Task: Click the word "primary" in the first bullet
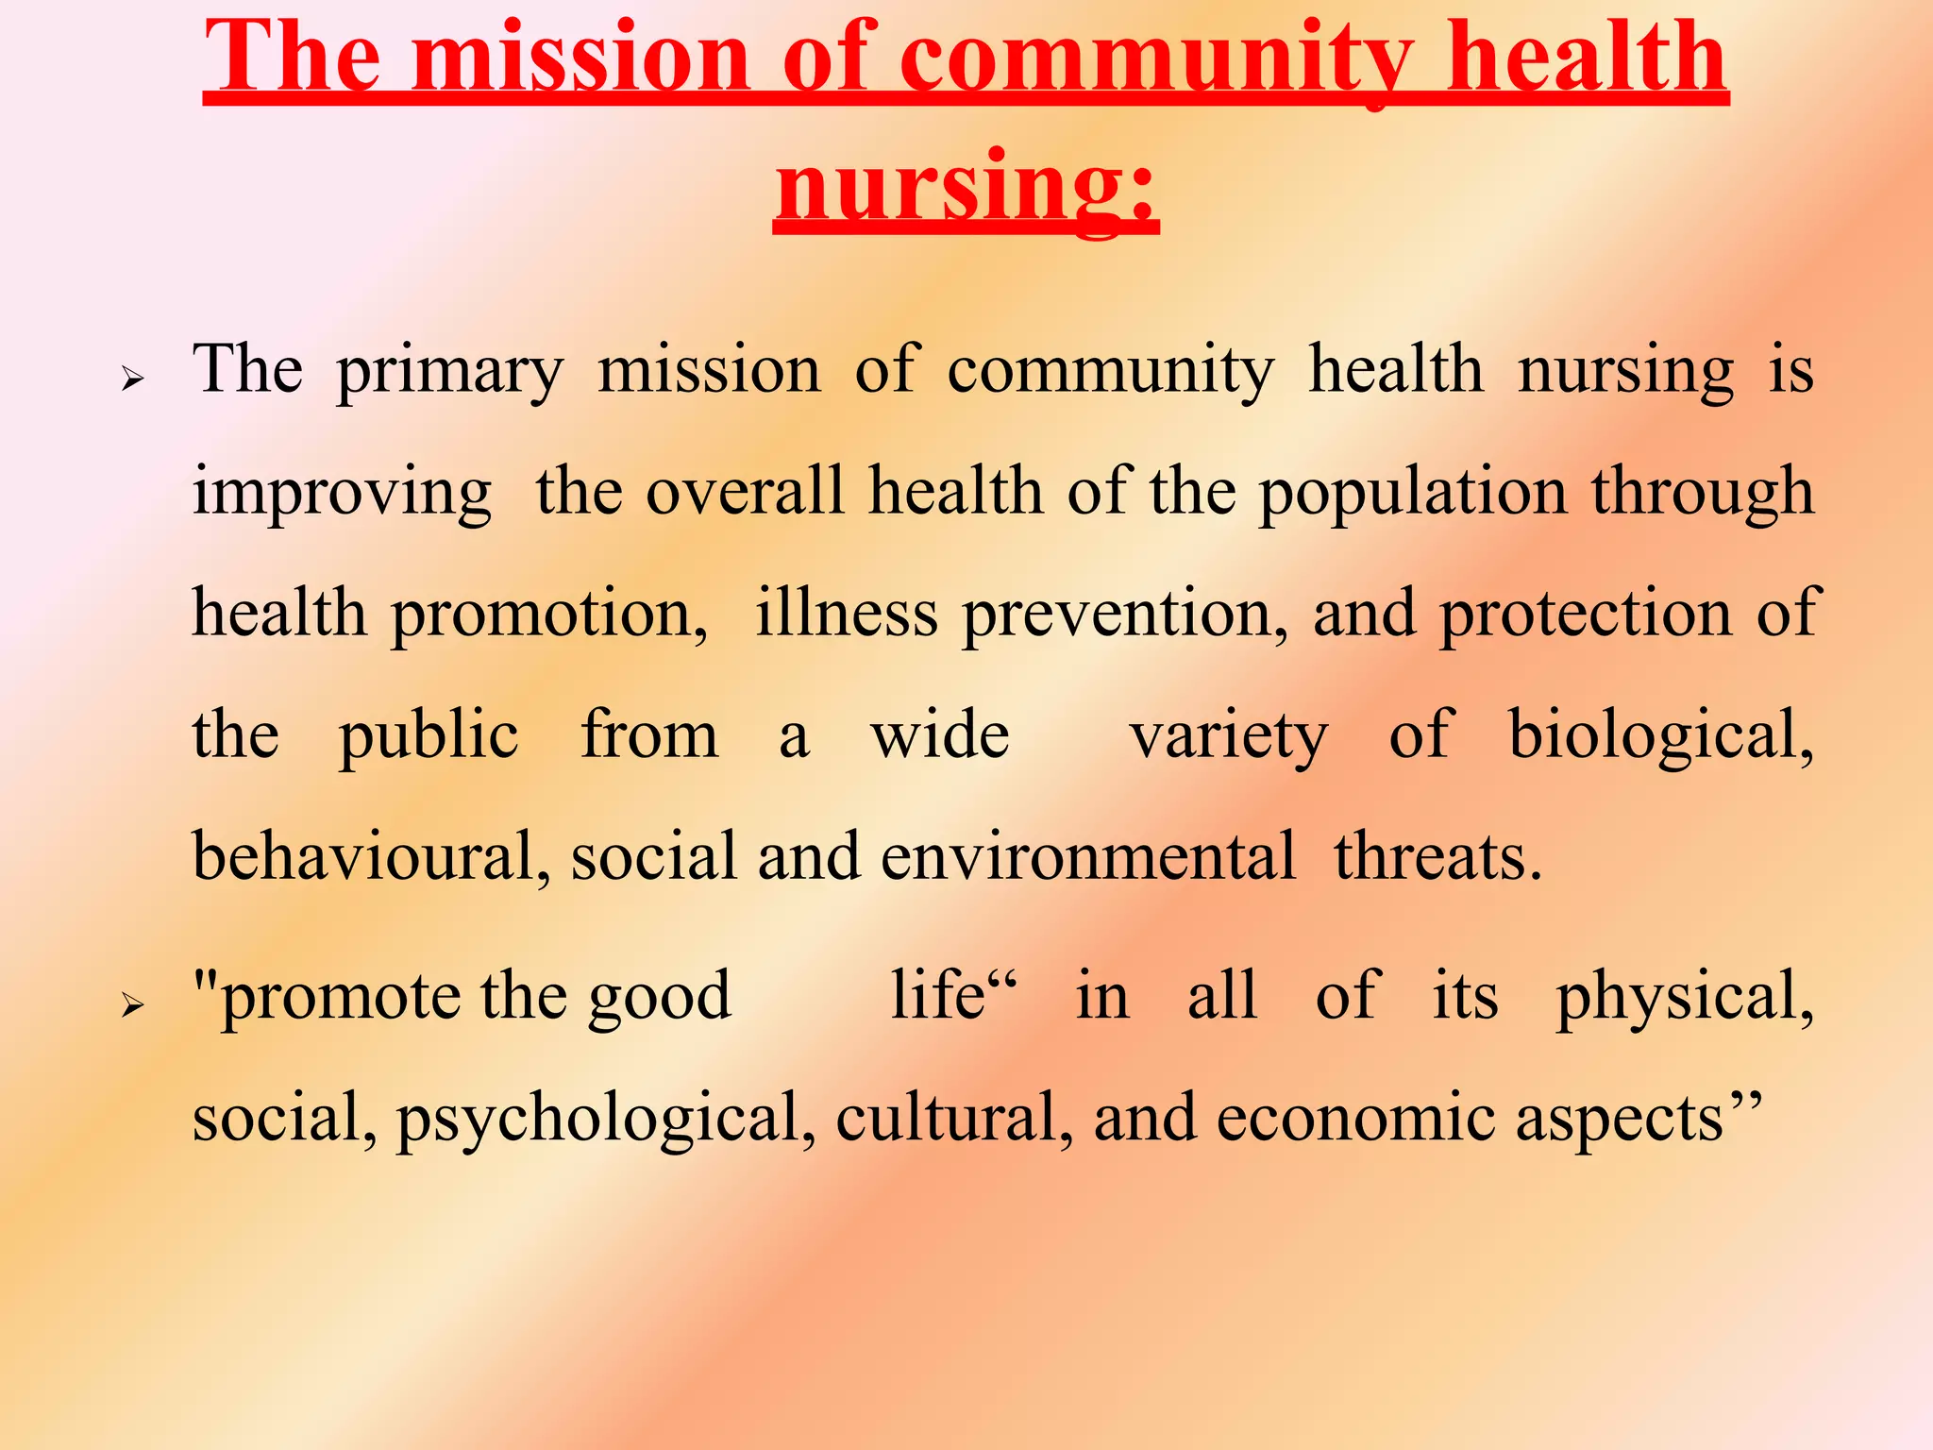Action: tap(450, 372)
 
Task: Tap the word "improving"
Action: tap(342, 494)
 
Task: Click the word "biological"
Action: tap(1659, 736)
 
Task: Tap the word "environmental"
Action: tap(1088, 857)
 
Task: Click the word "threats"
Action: tap(1437, 857)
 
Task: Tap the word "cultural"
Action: tap(953, 1120)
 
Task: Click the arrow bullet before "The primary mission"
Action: tap(132, 379)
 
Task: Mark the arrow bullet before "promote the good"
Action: tap(132, 1006)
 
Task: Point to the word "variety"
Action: tap(1228, 736)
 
